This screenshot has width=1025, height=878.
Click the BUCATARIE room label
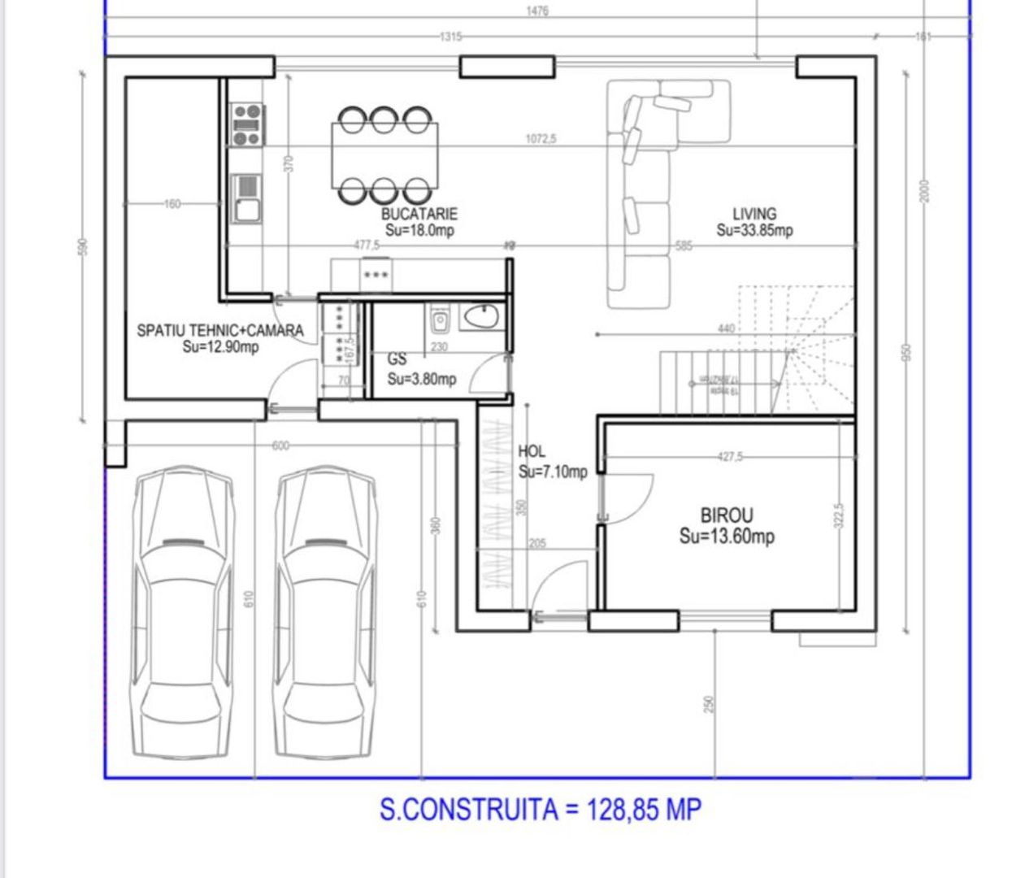click(x=419, y=214)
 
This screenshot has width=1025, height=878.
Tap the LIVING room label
click(x=754, y=215)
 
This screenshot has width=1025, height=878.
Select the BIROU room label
click(x=727, y=515)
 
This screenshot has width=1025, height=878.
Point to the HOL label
click(x=532, y=452)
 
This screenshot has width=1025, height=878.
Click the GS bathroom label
click(x=397, y=359)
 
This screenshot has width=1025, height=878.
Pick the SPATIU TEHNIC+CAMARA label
click(x=219, y=330)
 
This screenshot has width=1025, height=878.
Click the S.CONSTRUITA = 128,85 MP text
click(x=540, y=810)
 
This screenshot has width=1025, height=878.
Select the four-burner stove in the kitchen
click(x=247, y=124)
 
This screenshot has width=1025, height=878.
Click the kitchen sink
click(x=246, y=198)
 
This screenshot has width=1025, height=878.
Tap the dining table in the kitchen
click(x=384, y=154)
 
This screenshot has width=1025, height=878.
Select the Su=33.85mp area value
click(x=754, y=230)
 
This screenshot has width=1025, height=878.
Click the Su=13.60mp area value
click(x=727, y=537)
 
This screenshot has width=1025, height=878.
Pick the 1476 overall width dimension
click(x=537, y=11)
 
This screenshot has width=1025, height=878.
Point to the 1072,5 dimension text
click(x=541, y=139)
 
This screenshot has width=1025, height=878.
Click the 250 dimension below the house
click(x=709, y=703)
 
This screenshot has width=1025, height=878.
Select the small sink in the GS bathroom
click(x=440, y=320)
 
